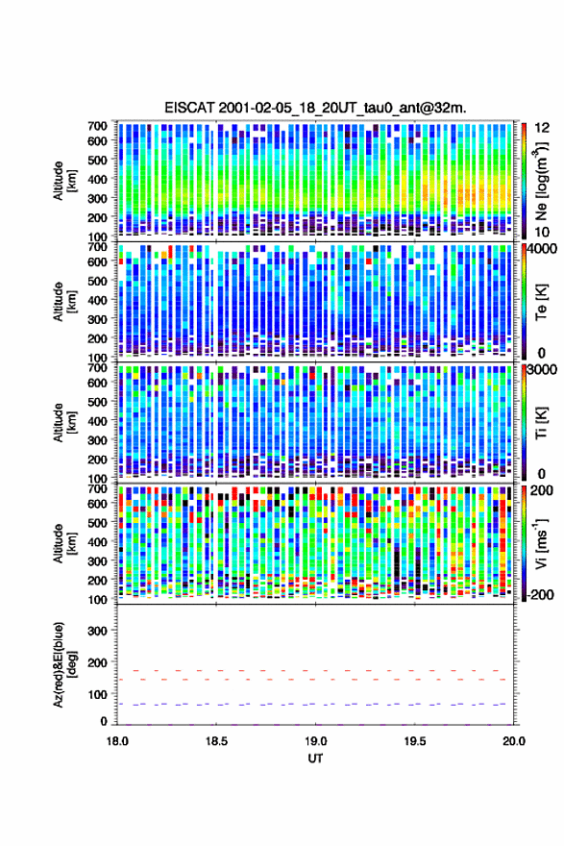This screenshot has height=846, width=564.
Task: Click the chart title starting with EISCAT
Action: (x=315, y=108)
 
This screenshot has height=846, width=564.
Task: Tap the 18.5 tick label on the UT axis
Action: (x=217, y=741)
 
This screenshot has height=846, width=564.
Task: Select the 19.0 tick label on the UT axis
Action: (x=316, y=741)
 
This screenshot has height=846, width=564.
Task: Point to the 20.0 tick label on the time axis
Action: (x=514, y=741)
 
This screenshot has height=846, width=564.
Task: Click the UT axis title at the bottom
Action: (x=315, y=759)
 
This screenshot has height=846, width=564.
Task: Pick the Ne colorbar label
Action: (x=541, y=181)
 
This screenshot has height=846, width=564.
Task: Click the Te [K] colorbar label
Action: (x=541, y=302)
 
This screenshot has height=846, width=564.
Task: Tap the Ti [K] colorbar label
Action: (x=541, y=423)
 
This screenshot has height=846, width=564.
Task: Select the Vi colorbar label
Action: (x=541, y=543)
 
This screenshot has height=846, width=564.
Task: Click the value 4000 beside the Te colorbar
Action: (x=542, y=249)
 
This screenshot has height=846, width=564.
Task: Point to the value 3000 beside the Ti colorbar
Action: (x=542, y=370)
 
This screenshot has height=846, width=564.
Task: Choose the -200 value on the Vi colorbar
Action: (x=540, y=594)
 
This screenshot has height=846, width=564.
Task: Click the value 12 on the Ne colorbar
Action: (x=542, y=128)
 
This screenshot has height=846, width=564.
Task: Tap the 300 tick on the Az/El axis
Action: (x=97, y=631)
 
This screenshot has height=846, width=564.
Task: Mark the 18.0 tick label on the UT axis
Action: (x=117, y=741)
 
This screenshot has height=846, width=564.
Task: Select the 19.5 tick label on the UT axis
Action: (x=415, y=741)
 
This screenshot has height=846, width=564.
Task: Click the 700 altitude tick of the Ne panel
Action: (x=97, y=126)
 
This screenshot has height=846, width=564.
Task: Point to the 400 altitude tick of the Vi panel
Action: (x=97, y=541)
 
